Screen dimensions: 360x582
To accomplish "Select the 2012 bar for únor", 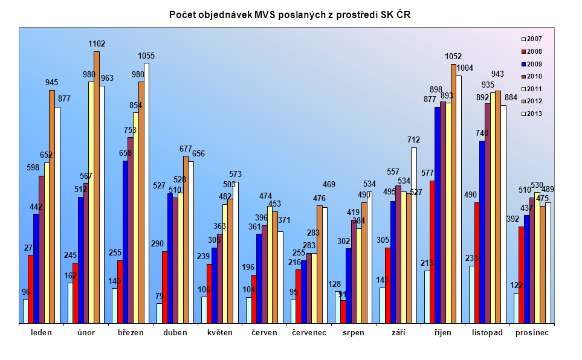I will [97, 187].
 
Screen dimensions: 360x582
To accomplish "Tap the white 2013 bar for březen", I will [146, 193].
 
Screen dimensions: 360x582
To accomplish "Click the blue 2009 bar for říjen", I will [437, 215].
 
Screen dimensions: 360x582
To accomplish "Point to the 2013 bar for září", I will [414, 236].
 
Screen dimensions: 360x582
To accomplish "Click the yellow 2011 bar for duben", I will [180, 258].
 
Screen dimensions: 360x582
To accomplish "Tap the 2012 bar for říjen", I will [453, 193].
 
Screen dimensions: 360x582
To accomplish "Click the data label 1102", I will [97, 43].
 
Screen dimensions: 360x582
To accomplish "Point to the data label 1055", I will [146, 56].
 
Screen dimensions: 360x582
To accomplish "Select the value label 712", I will [414, 140].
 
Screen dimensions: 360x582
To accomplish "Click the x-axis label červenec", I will [309, 333].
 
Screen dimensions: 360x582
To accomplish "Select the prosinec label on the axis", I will [532, 333].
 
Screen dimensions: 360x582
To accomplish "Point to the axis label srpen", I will [353, 333].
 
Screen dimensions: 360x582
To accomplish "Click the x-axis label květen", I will [219, 333].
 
